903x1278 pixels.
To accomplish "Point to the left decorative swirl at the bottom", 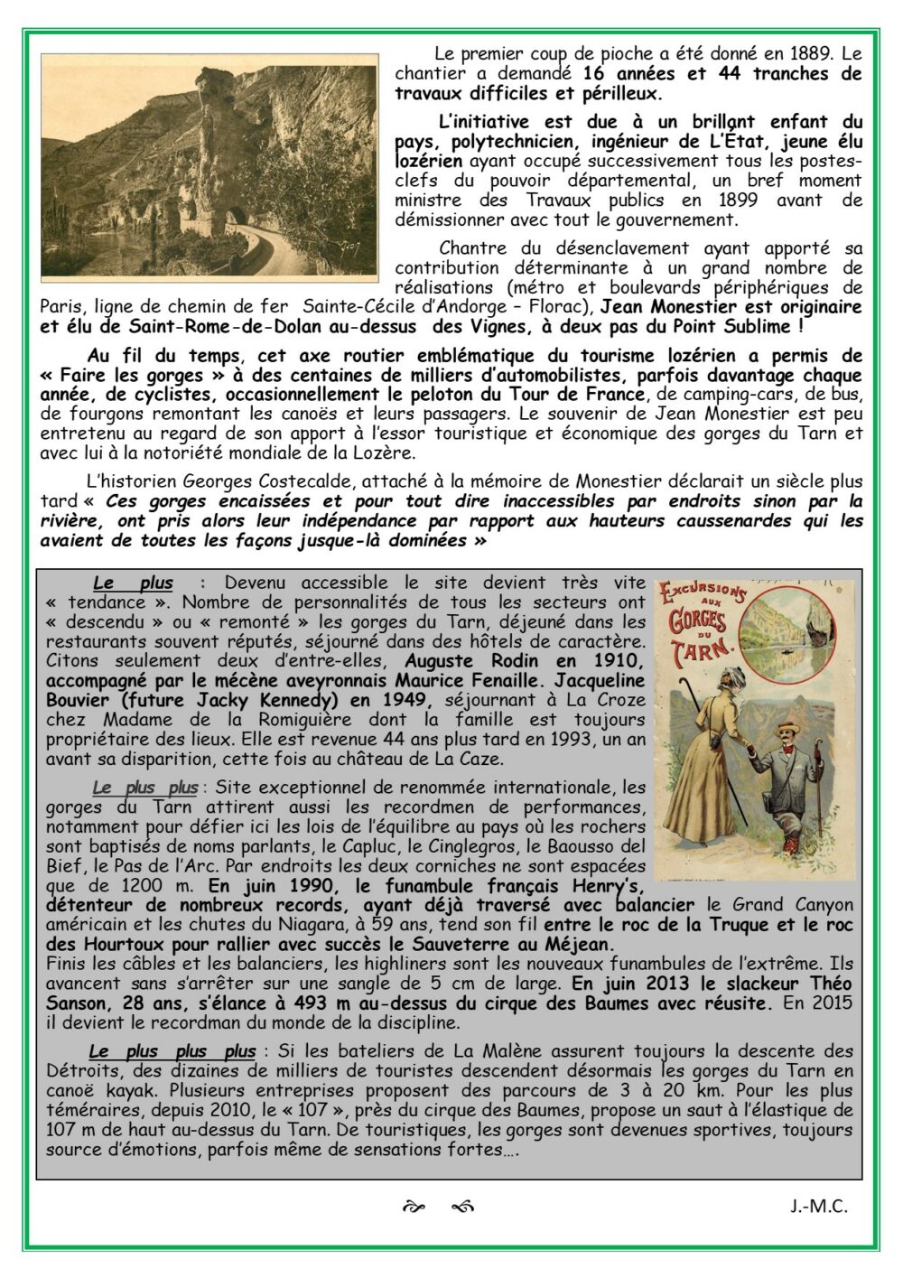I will [x=413, y=1207].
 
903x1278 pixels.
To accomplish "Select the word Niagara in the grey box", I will [x=336, y=926].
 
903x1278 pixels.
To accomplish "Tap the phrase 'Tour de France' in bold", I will [x=591, y=394].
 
